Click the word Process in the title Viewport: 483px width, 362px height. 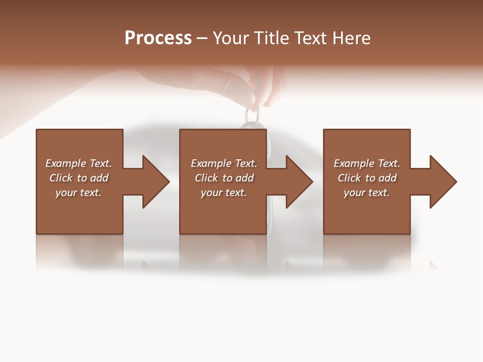pyautogui.click(x=158, y=38)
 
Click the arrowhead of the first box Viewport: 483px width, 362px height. pyautogui.click(x=154, y=182)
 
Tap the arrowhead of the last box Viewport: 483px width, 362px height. pyautogui.click(x=442, y=182)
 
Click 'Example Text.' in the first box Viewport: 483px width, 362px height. pyautogui.click(x=78, y=163)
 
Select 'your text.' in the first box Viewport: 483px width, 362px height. pyautogui.click(x=78, y=193)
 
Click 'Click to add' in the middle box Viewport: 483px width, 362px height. pyautogui.click(x=224, y=178)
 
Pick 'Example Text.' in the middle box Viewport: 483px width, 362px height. pyautogui.click(x=224, y=163)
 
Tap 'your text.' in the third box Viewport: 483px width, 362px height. pyautogui.click(x=367, y=193)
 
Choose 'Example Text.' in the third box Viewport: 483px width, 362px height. pyautogui.click(x=367, y=163)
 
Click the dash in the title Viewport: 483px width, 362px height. pyautogui.click(x=202, y=38)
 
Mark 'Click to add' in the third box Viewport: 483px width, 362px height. pyautogui.click(x=367, y=178)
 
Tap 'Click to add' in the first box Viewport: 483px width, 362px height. pyautogui.click(x=78, y=178)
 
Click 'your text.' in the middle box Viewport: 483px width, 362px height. pyautogui.click(x=224, y=193)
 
